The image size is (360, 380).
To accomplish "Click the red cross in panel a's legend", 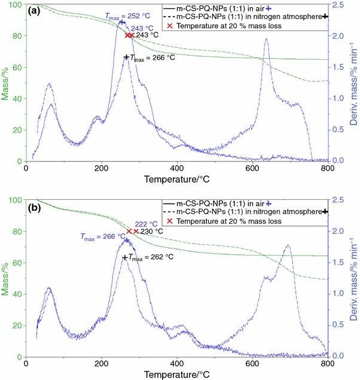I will pyautogui.click(x=170, y=27).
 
